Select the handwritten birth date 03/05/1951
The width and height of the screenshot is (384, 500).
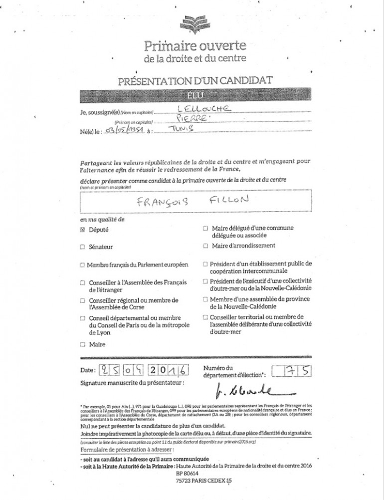125,131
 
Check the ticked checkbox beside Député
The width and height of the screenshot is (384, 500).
82,230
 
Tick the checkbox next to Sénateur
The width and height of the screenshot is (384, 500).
82,247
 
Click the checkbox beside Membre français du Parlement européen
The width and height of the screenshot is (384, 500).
82,264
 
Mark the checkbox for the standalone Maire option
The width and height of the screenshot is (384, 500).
82,344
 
